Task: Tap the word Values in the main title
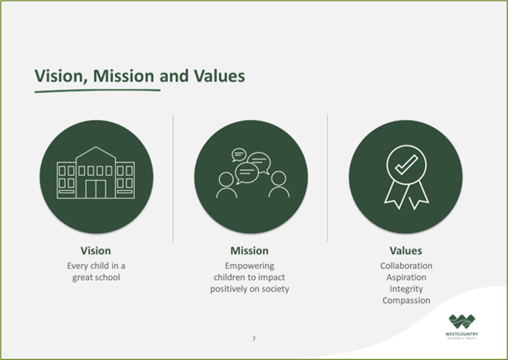click(219, 76)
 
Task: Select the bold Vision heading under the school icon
click(96, 251)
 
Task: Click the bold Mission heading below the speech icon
click(249, 251)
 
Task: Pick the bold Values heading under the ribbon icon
click(405, 251)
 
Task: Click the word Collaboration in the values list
click(406, 266)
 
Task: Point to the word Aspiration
click(406, 278)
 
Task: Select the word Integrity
click(406, 289)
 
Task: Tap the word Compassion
click(406, 301)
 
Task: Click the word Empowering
click(249, 266)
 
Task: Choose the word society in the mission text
click(275, 289)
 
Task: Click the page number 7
click(254, 339)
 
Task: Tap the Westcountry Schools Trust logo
click(462, 327)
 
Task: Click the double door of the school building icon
click(96, 190)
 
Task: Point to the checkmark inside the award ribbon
click(407, 165)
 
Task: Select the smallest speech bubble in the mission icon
click(239, 155)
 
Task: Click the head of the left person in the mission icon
click(226, 180)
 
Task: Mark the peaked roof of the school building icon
click(96, 153)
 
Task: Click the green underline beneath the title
click(97, 91)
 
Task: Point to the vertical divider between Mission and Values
click(328, 178)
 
